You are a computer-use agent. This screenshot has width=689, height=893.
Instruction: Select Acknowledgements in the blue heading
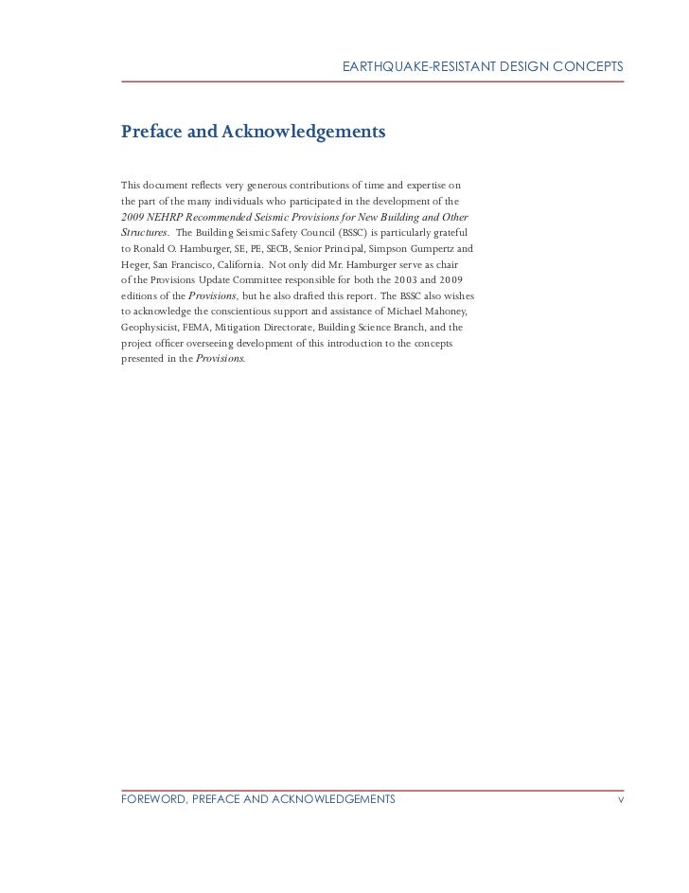point(303,130)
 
